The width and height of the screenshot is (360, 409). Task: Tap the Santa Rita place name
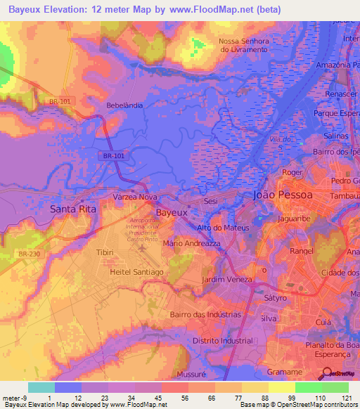click(72, 209)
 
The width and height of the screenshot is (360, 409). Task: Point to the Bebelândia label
click(124, 105)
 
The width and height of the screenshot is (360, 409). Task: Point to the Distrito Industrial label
click(227, 342)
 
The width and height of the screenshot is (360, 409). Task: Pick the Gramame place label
click(285, 372)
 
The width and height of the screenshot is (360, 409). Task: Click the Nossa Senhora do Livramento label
click(243, 45)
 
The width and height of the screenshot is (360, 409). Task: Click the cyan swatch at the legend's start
click(41, 387)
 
